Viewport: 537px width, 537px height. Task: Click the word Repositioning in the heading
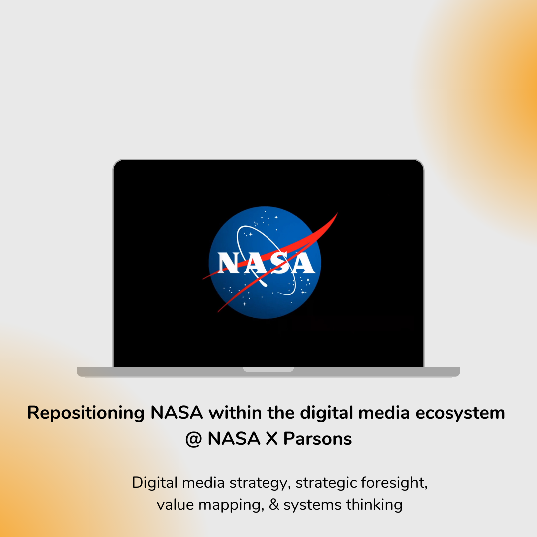click(85, 413)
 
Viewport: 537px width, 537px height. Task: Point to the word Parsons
click(318, 439)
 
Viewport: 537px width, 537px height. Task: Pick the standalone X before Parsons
click(272, 439)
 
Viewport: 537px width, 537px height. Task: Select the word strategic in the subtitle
click(326, 483)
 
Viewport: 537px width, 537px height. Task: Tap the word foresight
click(394, 483)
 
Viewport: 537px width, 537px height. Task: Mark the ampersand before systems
click(274, 505)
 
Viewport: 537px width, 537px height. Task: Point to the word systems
click(312, 505)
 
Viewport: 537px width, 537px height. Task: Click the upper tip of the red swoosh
click(337, 214)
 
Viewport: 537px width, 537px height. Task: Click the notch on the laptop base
click(268, 369)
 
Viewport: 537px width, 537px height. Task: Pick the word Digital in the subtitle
click(155, 483)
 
